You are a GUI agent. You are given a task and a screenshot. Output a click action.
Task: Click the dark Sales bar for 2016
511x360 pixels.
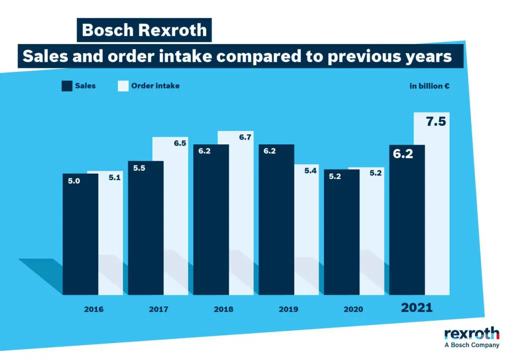pos(80,235)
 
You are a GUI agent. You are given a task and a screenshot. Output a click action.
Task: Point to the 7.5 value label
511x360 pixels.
pos(436,122)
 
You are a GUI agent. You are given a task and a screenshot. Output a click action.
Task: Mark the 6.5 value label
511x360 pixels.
pos(180,143)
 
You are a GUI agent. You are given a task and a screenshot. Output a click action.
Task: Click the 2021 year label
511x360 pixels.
pos(417,308)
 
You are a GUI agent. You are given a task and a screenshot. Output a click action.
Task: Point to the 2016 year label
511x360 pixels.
pos(94,310)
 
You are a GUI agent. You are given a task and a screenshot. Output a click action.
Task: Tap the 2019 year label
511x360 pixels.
pos(288,310)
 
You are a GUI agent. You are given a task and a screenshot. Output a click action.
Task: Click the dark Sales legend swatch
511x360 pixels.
pos(67,86)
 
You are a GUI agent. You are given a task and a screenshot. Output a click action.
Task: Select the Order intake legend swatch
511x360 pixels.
pos(123,86)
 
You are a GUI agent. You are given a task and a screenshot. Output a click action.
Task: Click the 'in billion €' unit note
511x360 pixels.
pos(430,86)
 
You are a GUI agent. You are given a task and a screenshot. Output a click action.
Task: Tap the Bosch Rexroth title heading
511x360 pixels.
pos(144,30)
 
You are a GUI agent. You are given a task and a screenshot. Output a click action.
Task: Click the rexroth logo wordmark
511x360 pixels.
pos(472,334)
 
